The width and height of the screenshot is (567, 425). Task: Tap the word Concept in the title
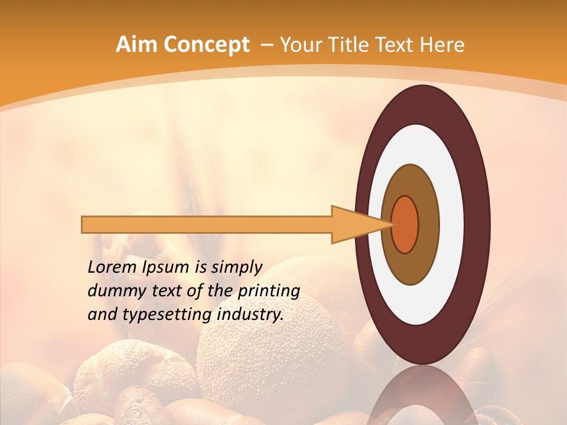(206, 45)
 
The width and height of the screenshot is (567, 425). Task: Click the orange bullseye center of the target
(405, 225)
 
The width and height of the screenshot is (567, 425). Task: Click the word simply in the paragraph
(236, 267)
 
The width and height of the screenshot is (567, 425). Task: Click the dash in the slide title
(266, 45)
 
